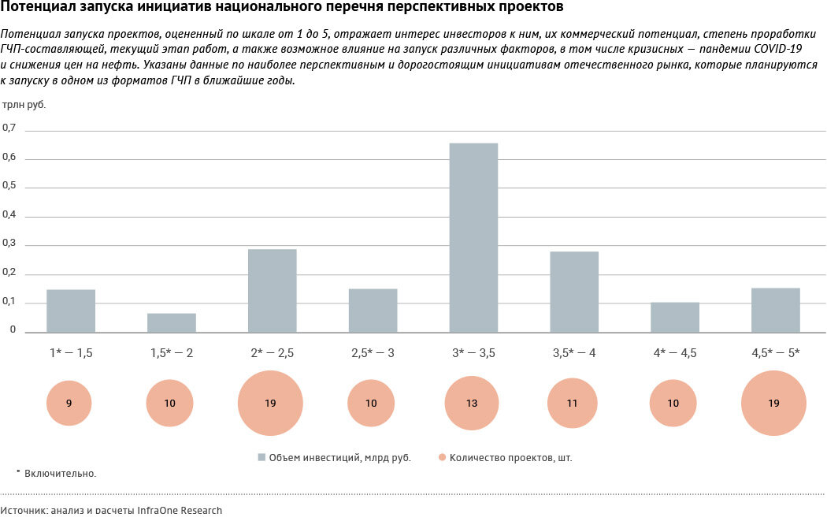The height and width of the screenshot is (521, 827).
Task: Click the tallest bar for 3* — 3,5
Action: pyautogui.click(x=473, y=237)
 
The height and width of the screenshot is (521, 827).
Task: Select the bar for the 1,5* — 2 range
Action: pyautogui.click(x=172, y=322)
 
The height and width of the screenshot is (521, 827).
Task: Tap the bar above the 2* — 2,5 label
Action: pyautogui.click(x=272, y=290)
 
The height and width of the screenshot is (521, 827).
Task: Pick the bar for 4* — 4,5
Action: pyautogui.click(x=675, y=317)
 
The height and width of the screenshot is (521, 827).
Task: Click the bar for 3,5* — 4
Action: pyautogui.click(x=574, y=292)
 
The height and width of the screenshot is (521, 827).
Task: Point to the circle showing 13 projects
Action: pyautogui.click(x=473, y=403)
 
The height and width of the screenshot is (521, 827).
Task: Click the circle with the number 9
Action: pyautogui.click(x=69, y=403)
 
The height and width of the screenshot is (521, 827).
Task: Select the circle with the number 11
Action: pyautogui.click(x=573, y=403)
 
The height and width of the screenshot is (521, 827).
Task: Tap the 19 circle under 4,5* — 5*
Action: pyautogui.click(x=773, y=403)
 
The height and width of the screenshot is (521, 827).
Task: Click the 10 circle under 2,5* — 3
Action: pyautogui.click(x=371, y=403)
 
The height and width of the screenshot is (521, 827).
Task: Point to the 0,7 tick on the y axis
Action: pyautogui.click(x=9, y=128)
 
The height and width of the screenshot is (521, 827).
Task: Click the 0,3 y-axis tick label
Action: pyautogui.click(x=9, y=244)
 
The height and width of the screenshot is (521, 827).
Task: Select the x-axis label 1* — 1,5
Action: pyautogui.click(x=71, y=352)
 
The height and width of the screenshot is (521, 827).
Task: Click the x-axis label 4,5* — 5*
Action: pyautogui.click(x=774, y=352)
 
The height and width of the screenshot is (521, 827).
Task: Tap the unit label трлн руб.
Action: pyautogui.click(x=24, y=104)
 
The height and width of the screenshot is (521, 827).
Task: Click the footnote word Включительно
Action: pyautogui.click(x=60, y=473)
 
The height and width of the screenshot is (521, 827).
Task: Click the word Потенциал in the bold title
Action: pyautogui.click(x=32, y=9)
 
